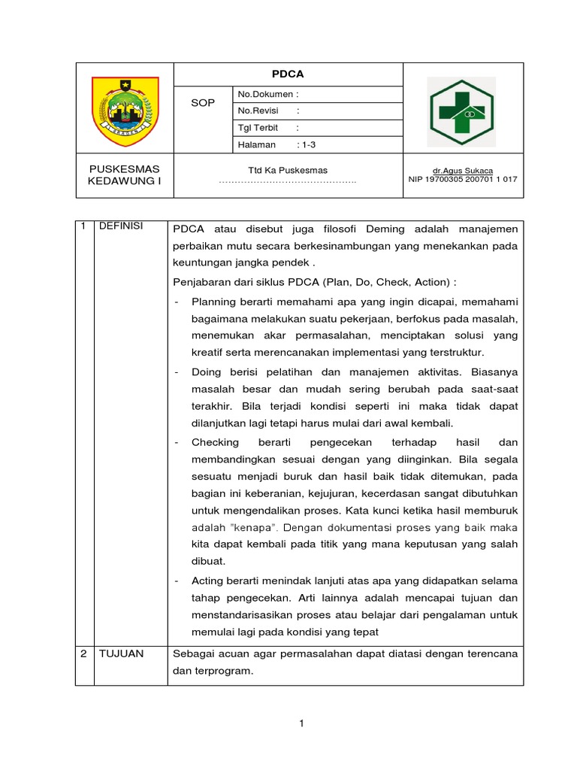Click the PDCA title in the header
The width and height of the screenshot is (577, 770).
pyautogui.click(x=288, y=74)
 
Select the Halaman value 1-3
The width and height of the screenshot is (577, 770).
pyautogui.click(x=307, y=144)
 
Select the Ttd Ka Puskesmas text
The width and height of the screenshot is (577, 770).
pyautogui.click(x=288, y=170)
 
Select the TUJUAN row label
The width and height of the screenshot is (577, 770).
pyautogui.click(x=122, y=653)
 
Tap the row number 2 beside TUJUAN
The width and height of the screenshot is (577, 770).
pyautogui.click(x=84, y=653)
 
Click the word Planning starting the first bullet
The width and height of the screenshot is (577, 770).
pyautogui.click(x=216, y=302)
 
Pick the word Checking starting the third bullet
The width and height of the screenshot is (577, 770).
pyautogui.click(x=215, y=442)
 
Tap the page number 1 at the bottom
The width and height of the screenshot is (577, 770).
pyautogui.click(x=301, y=723)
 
